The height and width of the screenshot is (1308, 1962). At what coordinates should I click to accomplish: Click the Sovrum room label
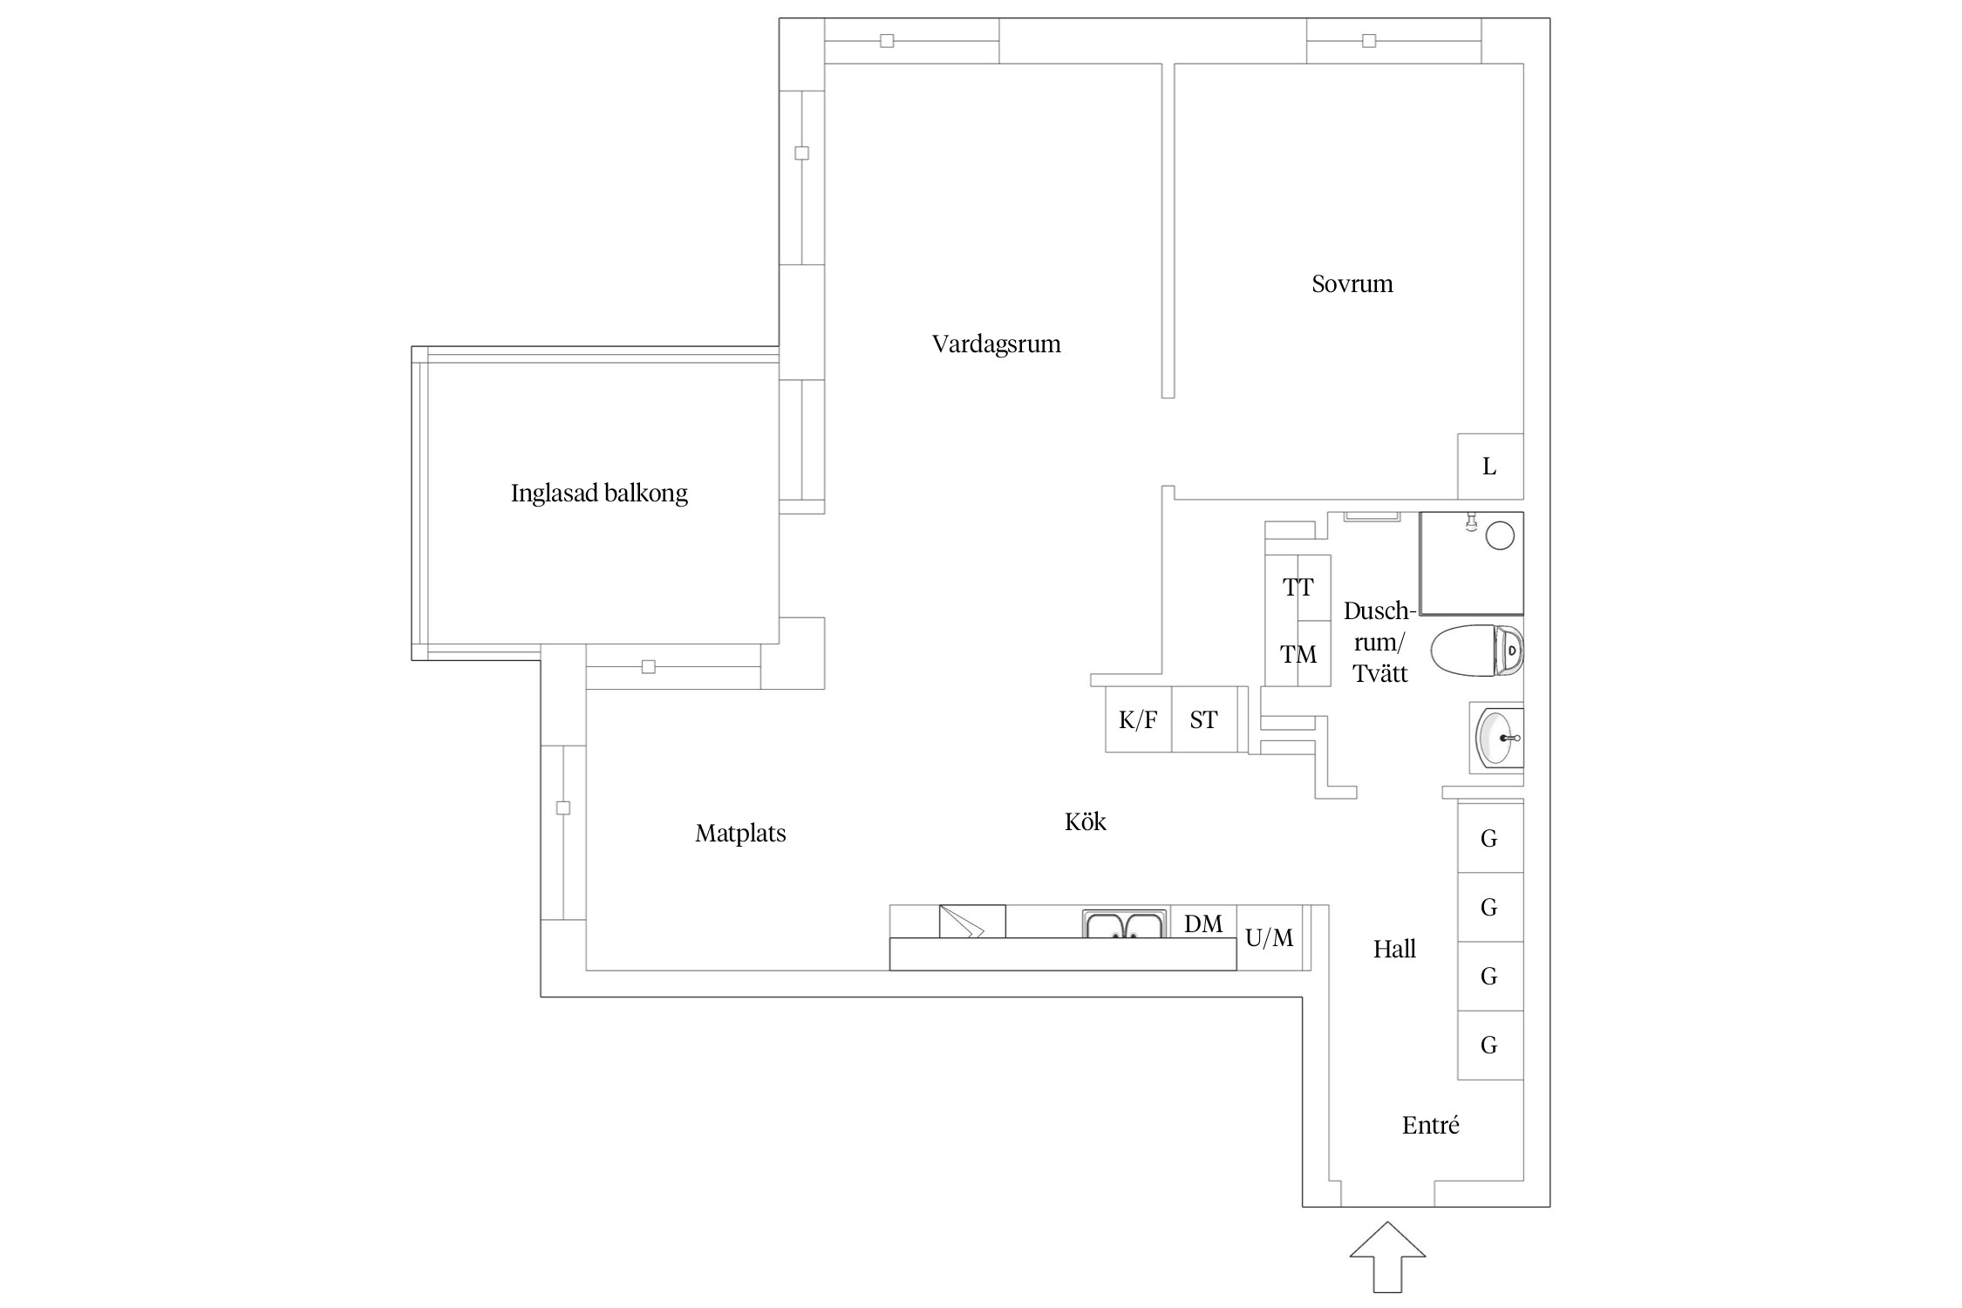[x=1352, y=284]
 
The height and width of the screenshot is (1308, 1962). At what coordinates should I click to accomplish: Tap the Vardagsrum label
[x=996, y=344]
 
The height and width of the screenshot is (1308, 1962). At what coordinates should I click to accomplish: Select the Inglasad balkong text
[x=599, y=494]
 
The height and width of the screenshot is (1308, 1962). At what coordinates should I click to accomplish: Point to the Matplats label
[x=740, y=834]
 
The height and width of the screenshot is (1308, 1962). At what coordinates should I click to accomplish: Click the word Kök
[x=1085, y=822]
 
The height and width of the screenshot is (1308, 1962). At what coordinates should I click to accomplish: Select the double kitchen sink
[x=1125, y=924]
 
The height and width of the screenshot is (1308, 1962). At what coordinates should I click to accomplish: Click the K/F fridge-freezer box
[x=1138, y=720]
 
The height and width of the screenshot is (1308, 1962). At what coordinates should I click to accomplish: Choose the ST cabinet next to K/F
[x=1203, y=720]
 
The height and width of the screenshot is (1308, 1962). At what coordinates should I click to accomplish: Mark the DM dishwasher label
[x=1203, y=924]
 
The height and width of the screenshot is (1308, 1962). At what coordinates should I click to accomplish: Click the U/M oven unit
[x=1270, y=938]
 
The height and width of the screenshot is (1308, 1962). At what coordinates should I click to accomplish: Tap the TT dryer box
[x=1298, y=588]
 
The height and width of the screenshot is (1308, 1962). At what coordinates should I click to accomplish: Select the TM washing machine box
[x=1298, y=654]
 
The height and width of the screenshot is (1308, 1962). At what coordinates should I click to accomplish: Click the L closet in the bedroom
[x=1489, y=467]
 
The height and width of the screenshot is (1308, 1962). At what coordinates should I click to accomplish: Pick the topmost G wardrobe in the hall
[x=1489, y=839]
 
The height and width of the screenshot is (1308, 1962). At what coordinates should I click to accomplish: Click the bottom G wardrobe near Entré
[x=1489, y=1045]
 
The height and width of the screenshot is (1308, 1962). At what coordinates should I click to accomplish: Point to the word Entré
[x=1430, y=1126]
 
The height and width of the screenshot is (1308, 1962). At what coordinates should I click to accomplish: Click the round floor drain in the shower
[x=1499, y=535]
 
